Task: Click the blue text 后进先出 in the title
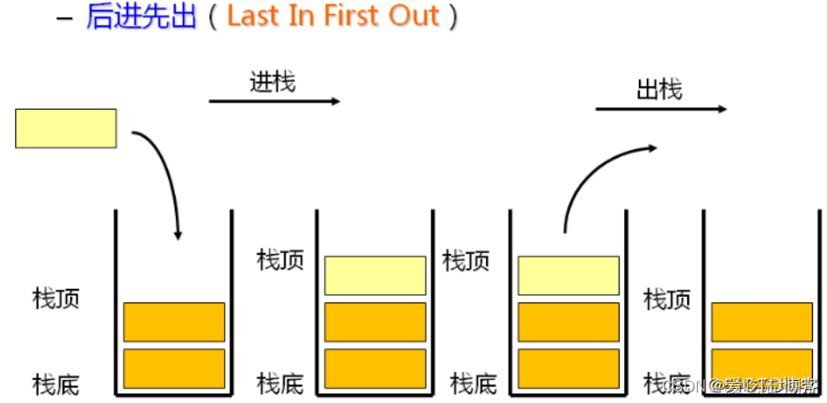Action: (x=141, y=17)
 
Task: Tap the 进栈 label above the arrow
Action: (x=272, y=83)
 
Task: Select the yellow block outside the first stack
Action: (x=66, y=128)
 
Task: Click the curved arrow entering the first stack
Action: (x=167, y=176)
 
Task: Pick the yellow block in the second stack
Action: (x=375, y=275)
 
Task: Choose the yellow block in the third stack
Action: (x=568, y=275)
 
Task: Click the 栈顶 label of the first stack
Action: (x=56, y=298)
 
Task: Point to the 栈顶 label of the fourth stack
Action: (x=667, y=299)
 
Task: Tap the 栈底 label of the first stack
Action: (x=56, y=384)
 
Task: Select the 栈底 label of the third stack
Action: (x=474, y=384)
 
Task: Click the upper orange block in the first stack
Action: (x=174, y=321)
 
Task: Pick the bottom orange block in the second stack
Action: (x=375, y=369)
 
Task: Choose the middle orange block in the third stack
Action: (x=568, y=321)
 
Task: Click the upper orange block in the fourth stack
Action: (x=762, y=321)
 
